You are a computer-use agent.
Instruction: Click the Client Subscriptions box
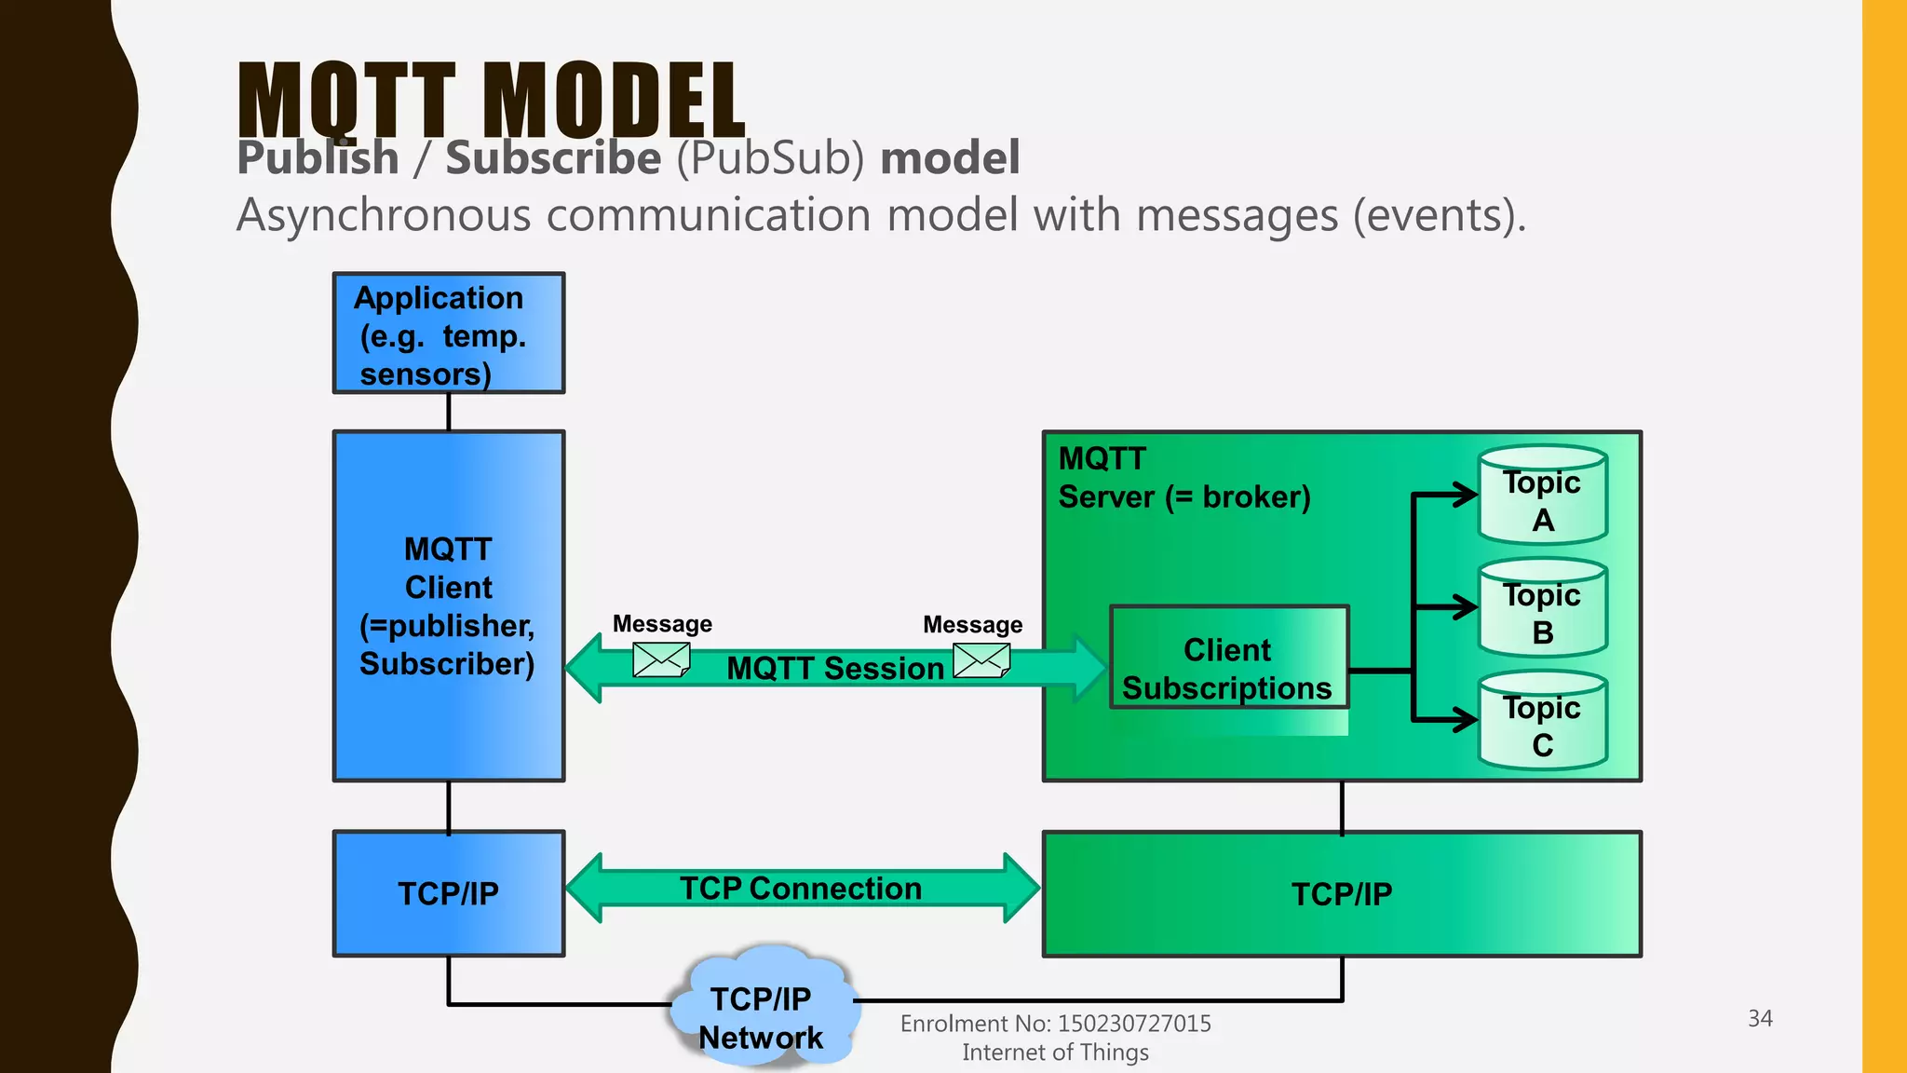(x=1228, y=668)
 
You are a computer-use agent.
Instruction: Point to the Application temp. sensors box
(x=448, y=333)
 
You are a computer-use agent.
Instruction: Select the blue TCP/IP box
(x=448, y=893)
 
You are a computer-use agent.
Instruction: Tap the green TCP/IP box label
(x=1341, y=894)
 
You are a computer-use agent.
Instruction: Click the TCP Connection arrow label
(x=801, y=889)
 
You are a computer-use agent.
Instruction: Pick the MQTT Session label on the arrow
(x=835, y=669)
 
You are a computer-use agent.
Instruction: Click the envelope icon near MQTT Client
(x=660, y=659)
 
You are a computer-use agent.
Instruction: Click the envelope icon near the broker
(x=981, y=660)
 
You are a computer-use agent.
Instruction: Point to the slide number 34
(x=1759, y=1018)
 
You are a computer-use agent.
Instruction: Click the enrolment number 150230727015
(x=1133, y=1024)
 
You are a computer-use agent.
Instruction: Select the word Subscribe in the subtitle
(x=553, y=157)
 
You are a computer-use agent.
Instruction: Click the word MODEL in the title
(x=615, y=101)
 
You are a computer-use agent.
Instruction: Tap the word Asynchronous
(x=385, y=216)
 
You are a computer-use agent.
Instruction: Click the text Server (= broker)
(x=1183, y=497)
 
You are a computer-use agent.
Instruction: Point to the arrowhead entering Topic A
(x=1466, y=495)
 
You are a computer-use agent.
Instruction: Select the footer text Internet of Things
(x=1055, y=1053)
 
